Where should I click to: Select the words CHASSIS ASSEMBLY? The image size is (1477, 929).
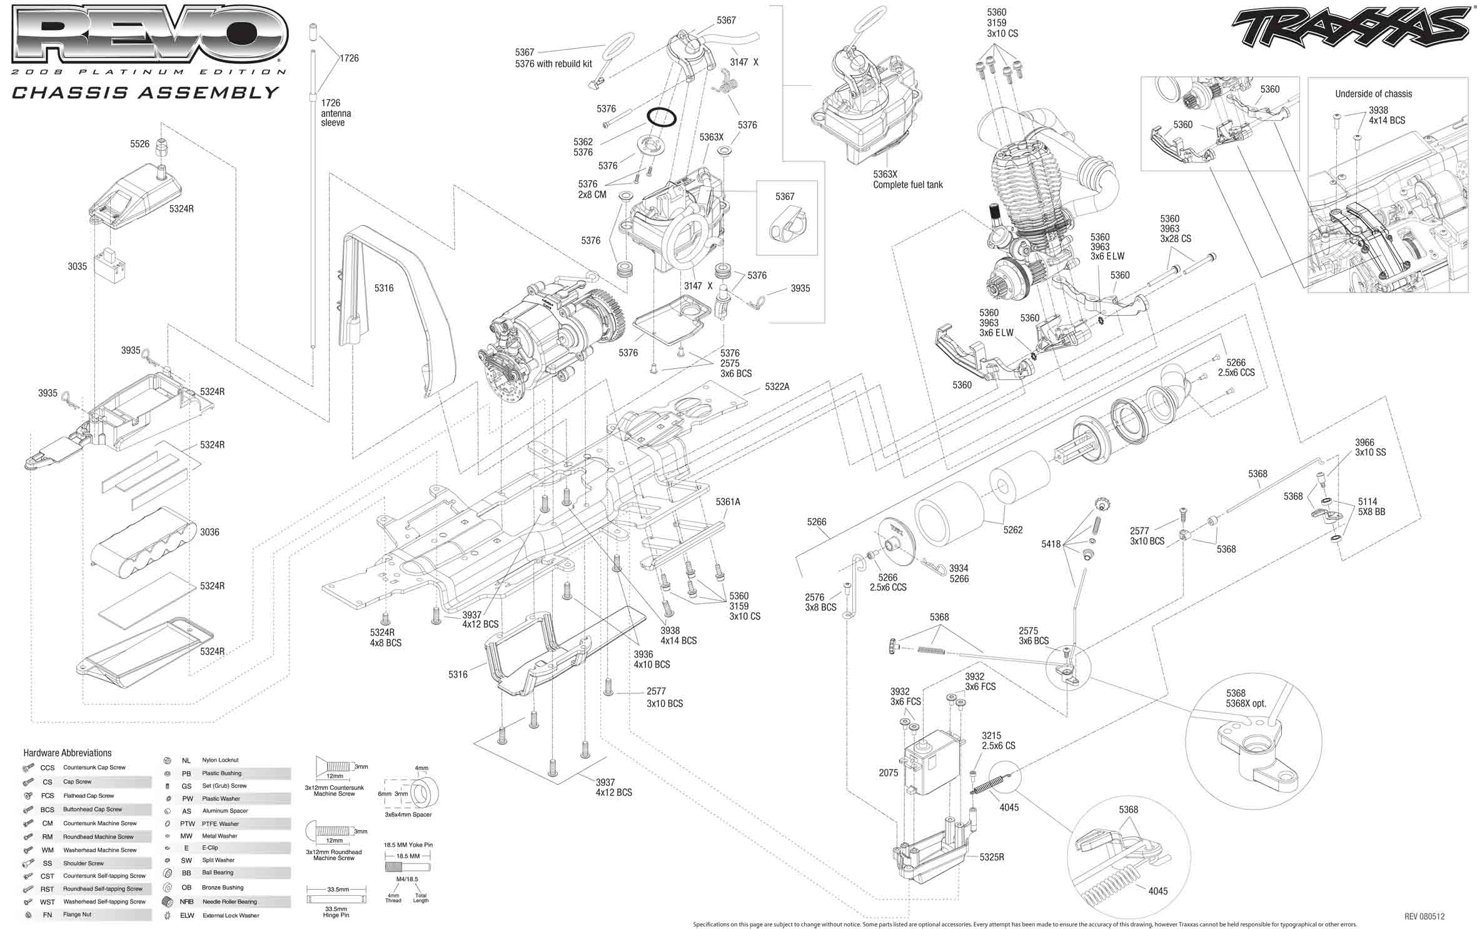pos(145,93)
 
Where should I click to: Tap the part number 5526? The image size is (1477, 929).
pos(139,144)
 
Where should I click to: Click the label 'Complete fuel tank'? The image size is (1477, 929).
pos(907,184)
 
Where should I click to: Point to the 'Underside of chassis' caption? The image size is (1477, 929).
pos(1373,94)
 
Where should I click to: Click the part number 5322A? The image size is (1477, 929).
pos(777,387)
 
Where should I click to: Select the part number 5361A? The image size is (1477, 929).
pos(728,501)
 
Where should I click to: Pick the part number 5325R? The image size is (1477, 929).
pos(992,857)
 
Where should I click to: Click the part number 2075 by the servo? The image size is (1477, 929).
pos(888,773)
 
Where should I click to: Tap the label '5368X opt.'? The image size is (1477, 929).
pos(1246,703)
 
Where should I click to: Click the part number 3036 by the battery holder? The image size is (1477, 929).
pos(209,532)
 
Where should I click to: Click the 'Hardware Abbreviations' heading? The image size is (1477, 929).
pos(68,753)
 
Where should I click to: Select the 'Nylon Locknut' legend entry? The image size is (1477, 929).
pos(220,760)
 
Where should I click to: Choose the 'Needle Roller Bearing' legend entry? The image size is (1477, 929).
pos(229,901)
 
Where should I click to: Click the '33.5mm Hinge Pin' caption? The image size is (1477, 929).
pos(336,912)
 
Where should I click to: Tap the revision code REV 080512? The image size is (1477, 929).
pos(1424,916)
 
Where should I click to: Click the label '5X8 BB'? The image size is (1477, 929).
pos(1371,511)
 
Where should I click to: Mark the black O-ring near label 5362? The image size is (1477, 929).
pos(662,117)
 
